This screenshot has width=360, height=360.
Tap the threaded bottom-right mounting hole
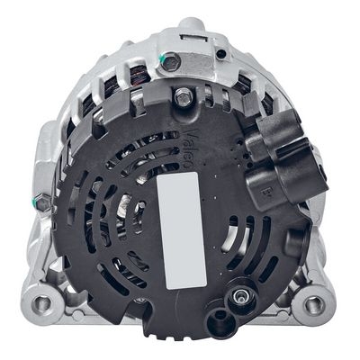pos(314,305)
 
